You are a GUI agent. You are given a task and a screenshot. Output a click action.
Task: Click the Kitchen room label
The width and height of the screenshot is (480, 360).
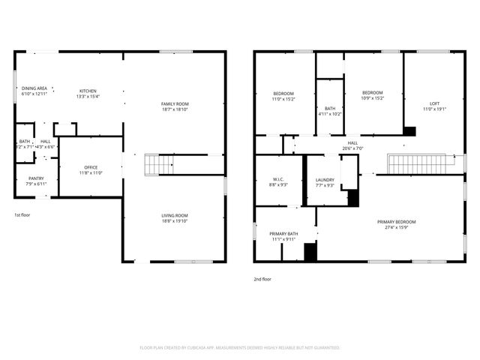point(88,91)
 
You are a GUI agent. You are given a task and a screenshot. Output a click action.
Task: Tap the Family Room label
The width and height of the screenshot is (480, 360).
point(175,103)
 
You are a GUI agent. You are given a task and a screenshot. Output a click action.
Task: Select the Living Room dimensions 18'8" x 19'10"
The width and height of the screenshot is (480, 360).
point(175,221)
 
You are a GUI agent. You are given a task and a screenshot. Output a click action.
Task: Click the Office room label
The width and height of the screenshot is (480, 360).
point(91,167)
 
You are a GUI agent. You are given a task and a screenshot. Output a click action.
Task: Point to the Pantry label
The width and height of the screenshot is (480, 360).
point(35,178)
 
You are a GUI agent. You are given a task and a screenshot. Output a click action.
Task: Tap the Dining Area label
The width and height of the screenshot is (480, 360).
point(34,88)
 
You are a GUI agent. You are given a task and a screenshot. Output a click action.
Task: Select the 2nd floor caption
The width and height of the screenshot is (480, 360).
point(262,278)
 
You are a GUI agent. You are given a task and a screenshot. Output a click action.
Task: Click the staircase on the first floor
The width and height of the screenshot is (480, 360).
point(158,163)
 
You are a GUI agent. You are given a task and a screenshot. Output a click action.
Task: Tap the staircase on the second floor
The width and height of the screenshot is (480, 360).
point(421,163)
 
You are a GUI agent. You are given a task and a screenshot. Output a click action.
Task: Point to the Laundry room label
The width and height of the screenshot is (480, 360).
point(325,180)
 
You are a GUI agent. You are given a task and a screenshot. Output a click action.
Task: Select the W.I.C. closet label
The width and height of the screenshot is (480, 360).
point(277,180)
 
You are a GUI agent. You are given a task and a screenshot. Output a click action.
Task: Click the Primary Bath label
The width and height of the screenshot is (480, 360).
point(284,234)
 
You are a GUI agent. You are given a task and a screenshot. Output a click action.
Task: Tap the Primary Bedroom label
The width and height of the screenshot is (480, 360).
point(396,222)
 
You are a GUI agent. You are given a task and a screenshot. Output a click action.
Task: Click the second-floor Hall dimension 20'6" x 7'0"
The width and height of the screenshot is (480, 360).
point(352,148)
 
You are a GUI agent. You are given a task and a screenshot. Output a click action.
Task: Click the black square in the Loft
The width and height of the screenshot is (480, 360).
point(409,130)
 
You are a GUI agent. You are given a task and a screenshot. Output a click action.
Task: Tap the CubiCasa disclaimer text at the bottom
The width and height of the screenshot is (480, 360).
point(240,348)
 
